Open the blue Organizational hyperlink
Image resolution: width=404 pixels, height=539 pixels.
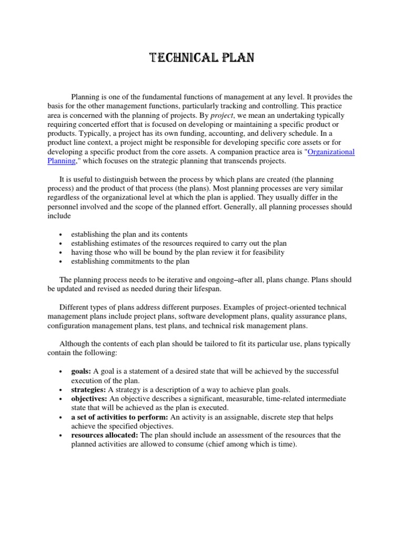(331, 152)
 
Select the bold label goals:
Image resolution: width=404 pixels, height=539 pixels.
(82, 371)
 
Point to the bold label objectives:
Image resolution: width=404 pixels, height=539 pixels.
(88, 398)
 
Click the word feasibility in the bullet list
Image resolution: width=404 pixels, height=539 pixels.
(267, 252)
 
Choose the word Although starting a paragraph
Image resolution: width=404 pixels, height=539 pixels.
(75, 344)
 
